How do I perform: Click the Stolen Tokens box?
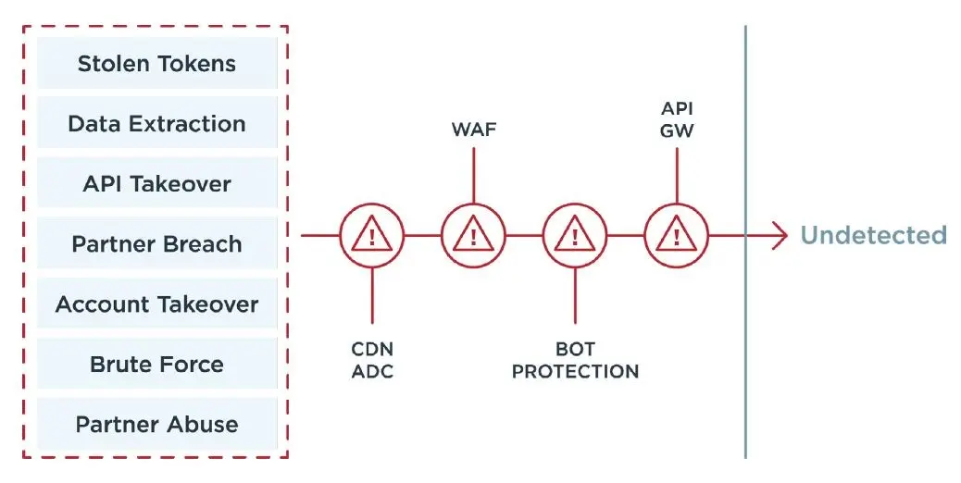pyautogui.click(x=156, y=63)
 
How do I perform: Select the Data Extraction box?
pyautogui.click(x=156, y=123)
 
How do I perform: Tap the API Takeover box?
pyautogui.click(x=156, y=183)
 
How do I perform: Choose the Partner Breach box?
pyautogui.click(x=156, y=243)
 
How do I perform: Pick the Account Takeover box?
pyautogui.click(x=156, y=303)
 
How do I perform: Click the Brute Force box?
pyautogui.click(x=156, y=363)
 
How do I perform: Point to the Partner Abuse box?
pyautogui.click(x=156, y=424)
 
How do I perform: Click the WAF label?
pyautogui.click(x=474, y=130)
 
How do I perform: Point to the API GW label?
pyautogui.click(x=677, y=118)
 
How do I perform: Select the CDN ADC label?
pyautogui.click(x=372, y=360)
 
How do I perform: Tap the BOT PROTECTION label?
pyautogui.click(x=575, y=360)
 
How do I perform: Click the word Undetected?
pyautogui.click(x=874, y=235)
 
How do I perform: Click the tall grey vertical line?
pyautogui.click(x=746, y=241)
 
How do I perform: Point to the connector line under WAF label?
pyautogui.click(x=473, y=176)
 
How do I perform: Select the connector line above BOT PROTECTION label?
pyautogui.click(x=575, y=296)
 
